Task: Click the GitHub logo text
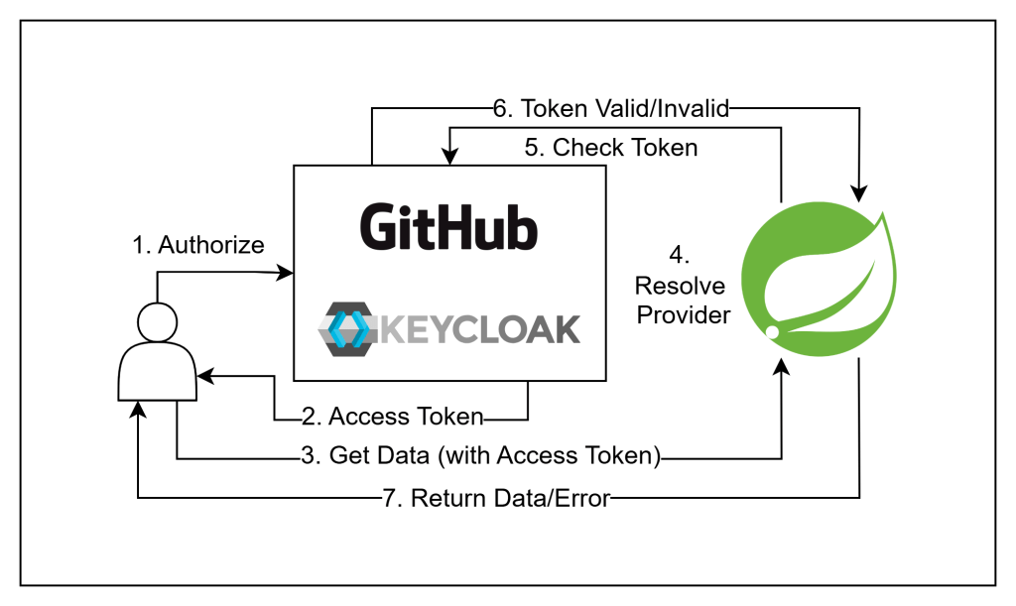click(448, 226)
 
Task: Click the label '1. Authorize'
click(198, 244)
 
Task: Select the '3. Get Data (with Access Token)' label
click(480, 456)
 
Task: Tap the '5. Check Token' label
click(610, 148)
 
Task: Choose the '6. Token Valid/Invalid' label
click(611, 109)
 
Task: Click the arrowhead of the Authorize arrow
click(288, 272)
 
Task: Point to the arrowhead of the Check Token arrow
click(452, 158)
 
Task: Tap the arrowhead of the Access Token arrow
click(204, 376)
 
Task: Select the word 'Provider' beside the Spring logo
click(683, 315)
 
